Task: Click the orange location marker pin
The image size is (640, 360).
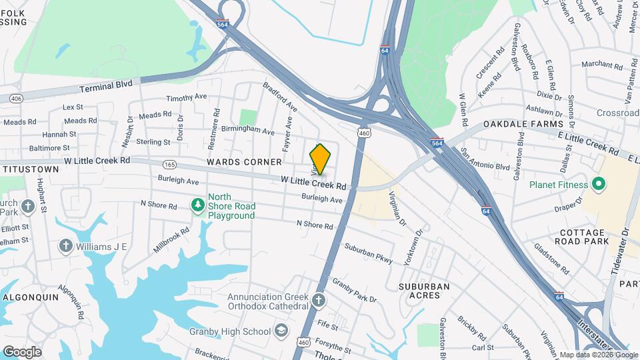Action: tap(321, 159)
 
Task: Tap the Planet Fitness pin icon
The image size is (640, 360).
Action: tap(598, 185)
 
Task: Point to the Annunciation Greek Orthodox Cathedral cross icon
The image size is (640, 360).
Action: tap(319, 299)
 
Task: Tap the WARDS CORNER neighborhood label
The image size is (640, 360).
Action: tap(235, 162)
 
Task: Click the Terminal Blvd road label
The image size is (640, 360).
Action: tap(107, 86)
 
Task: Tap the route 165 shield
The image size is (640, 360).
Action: tap(170, 164)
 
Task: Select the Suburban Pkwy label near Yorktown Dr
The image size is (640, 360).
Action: tap(368, 254)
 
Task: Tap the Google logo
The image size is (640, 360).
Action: tap(22, 351)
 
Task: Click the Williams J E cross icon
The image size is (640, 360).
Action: tap(66, 246)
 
